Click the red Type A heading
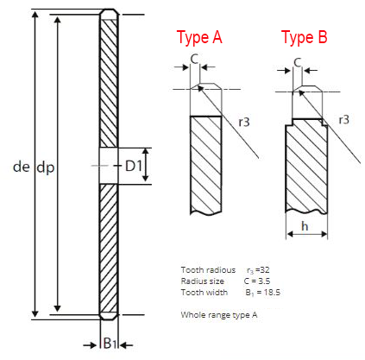[x=199, y=37]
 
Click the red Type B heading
[x=304, y=37]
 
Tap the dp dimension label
[x=46, y=168]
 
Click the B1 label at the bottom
[x=109, y=344]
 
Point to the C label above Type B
[x=297, y=62]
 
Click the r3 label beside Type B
[x=343, y=118]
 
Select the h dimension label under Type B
[x=306, y=226]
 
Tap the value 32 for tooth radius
[x=264, y=270]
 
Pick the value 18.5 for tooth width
[x=268, y=293]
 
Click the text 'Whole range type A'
[x=219, y=315]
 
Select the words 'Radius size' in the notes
[x=203, y=281]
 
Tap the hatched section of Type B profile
[x=306, y=168]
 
